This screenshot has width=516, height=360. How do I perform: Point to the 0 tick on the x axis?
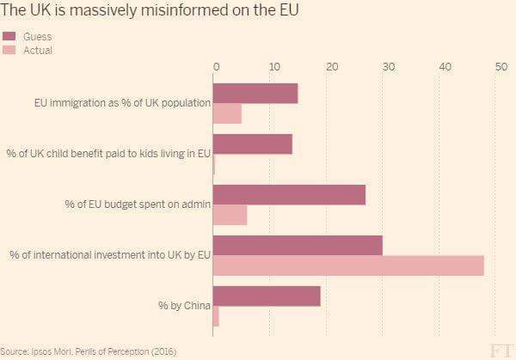tap(216, 66)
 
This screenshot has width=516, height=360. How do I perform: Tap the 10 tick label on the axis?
tap(273, 66)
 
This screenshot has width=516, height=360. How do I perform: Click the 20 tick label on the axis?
tap(330, 66)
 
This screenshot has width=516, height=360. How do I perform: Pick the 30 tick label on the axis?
tap(387, 66)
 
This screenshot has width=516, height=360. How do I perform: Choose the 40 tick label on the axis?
tap(444, 66)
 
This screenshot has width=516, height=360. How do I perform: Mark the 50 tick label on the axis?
tap(501, 66)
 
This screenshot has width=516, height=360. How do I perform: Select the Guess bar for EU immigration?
tap(255, 93)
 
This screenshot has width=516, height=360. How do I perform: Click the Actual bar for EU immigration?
tap(227, 113)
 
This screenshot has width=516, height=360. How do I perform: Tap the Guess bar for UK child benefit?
tap(252, 143)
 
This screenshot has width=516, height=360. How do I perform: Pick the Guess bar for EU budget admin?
tap(289, 194)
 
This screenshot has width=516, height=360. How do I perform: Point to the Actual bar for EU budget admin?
tap(230, 215)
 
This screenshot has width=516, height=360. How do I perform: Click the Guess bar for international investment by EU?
tap(298, 245)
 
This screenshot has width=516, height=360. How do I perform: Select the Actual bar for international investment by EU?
tap(348, 265)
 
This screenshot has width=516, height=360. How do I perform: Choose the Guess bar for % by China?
tap(267, 296)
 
